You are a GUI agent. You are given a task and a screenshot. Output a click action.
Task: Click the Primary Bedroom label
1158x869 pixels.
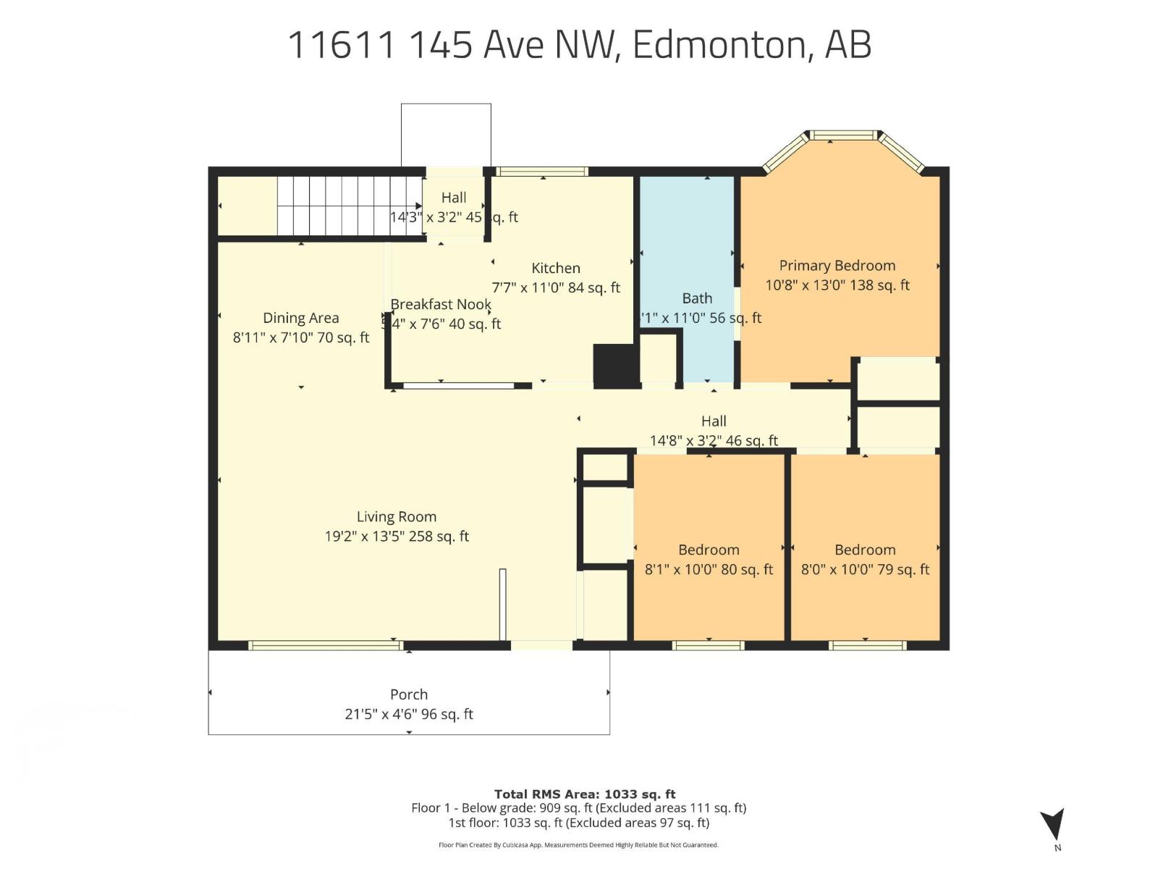coord(837,266)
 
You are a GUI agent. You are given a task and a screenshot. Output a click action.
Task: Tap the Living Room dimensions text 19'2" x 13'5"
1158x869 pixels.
coord(397,537)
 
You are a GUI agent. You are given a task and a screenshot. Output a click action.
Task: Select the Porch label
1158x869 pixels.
coord(409,694)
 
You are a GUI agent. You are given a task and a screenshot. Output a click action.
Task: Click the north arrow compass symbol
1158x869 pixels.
coord(1053,826)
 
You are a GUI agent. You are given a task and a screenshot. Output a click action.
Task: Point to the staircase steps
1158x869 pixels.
coord(350,206)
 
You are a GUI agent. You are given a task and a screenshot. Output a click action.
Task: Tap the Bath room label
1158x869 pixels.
coord(697,298)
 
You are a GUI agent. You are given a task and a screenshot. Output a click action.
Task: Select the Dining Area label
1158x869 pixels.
coord(300,318)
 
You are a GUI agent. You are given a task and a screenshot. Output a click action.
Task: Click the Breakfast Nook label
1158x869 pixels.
coord(441,305)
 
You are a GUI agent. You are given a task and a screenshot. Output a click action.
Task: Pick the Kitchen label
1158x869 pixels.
coord(556,268)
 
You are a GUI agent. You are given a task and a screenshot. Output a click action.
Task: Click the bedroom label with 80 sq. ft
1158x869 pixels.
coord(709,550)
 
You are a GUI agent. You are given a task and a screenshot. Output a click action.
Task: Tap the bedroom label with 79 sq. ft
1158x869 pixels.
coord(865,550)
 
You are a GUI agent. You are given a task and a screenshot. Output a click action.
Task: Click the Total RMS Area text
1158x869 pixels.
coord(585,794)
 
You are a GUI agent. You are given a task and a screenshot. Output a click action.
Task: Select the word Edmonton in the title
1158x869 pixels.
coord(719,45)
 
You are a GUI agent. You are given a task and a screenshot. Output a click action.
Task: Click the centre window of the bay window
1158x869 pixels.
coord(843,135)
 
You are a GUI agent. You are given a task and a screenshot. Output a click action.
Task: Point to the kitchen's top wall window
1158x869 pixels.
coord(542,172)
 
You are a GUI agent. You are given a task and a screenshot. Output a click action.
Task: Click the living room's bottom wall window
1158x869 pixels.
coord(325,645)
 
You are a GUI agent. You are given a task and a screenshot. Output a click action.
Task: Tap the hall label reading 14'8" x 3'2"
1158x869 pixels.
coord(714,440)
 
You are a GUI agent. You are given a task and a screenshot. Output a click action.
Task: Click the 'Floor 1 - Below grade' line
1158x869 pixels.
coord(578,808)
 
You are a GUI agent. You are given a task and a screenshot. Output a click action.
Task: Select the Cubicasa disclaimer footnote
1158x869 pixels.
coord(578,845)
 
